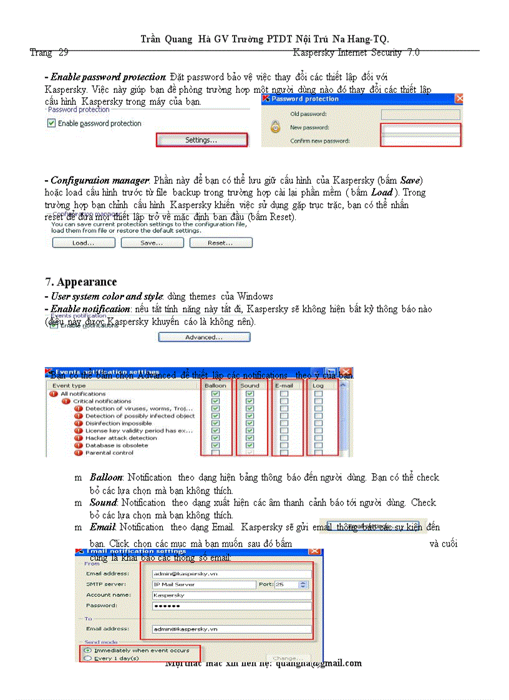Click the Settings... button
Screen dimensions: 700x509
[x=201, y=140]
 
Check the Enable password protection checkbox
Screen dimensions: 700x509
[x=52, y=123]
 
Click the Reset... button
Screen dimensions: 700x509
[x=221, y=243]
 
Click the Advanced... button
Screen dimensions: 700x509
[x=204, y=337]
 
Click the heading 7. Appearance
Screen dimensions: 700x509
[x=80, y=282]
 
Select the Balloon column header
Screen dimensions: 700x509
[x=216, y=386]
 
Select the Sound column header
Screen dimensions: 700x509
[x=250, y=386]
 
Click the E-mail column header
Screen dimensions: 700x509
[x=284, y=386]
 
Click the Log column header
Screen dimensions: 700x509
[x=318, y=386]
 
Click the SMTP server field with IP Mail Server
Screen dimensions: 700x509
[x=204, y=585]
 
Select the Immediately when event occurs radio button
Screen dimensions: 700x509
[x=87, y=650]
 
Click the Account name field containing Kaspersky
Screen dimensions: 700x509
[x=231, y=595]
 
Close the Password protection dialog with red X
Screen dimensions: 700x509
[x=459, y=98]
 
